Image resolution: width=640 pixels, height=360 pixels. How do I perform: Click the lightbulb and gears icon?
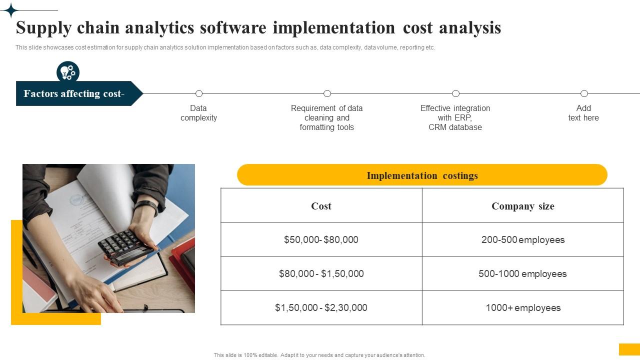click(x=68, y=72)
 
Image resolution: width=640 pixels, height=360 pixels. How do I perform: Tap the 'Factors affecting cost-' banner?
click(x=74, y=93)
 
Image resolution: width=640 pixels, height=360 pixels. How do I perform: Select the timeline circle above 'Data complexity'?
click(x=199, y=93)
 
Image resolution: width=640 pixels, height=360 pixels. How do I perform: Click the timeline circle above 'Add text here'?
click(x=584, y=93)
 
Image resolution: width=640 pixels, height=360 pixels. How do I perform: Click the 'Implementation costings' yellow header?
click(x=422, y=175)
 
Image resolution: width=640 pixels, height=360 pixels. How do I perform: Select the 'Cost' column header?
click(x=321, y=206)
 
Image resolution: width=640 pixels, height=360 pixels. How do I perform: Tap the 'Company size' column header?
click(x=522, y=206)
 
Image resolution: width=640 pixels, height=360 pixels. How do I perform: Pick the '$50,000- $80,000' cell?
click(x=321, y=239)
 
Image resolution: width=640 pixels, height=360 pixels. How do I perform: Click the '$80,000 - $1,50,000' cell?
click(x=321, y=273)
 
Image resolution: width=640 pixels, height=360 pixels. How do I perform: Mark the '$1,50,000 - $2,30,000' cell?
click(x=321, y=307)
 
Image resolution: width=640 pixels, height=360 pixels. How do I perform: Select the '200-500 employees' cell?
click(x=522, y=239)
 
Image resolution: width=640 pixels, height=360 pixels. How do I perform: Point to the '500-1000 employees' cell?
click(x=522, y=273)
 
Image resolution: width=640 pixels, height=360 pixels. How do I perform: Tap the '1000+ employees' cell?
click(x=522, y=307)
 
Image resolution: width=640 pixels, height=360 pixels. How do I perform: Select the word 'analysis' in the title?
click(x=470, y=28)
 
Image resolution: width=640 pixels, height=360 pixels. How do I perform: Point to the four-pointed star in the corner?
click(x=9, y=10)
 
